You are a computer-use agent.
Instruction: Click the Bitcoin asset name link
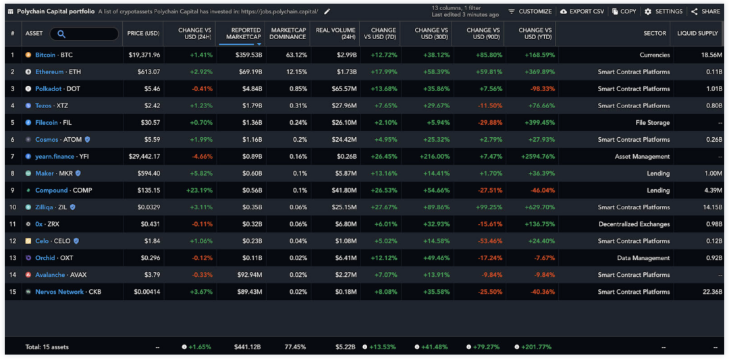[x=45, y=55]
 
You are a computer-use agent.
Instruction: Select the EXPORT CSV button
[x=583, y=11]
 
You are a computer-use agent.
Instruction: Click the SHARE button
[x=705, y=11]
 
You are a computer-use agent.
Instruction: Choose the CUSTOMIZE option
[x=530, y=11]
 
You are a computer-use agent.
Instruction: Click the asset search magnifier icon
[x=61, y=34]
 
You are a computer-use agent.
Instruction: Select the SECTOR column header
[x=655, y=33]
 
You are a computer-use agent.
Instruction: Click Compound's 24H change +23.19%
[x=200, y=190]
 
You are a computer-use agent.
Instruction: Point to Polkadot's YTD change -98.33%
[x=539, y=88]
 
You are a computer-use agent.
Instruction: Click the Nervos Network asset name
[x=59, y=292]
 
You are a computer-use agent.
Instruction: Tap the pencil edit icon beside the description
[x=327, y=11]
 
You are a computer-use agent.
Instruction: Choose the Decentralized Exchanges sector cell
[x=634, y=224]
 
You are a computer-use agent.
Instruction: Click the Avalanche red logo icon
[x=28, y=275]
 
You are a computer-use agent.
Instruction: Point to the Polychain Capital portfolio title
[x=55, y=11]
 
